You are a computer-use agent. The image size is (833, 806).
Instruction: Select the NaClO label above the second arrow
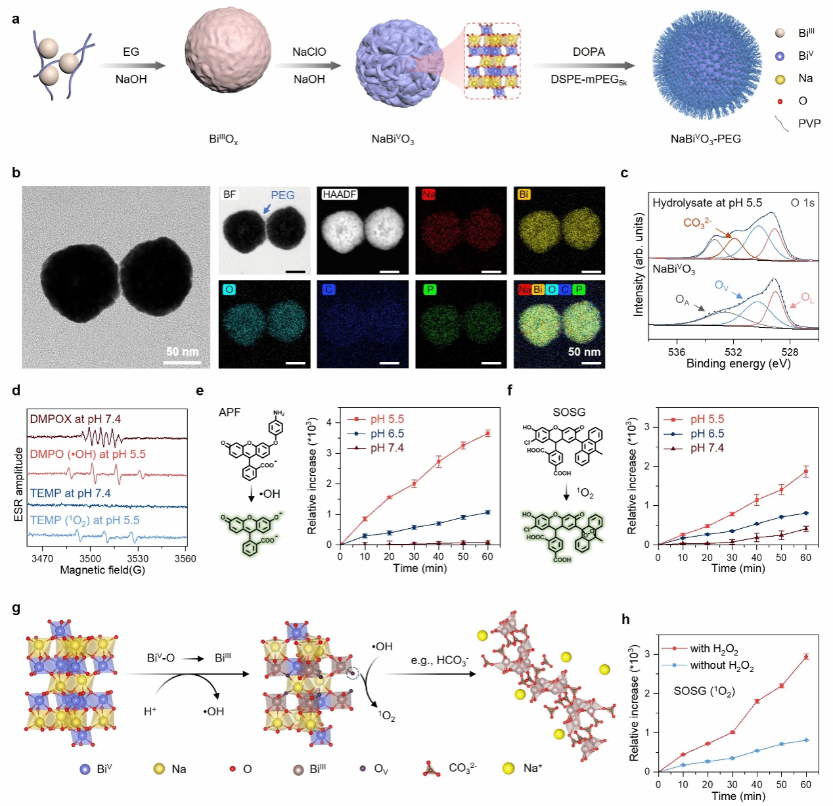tap(309, 52)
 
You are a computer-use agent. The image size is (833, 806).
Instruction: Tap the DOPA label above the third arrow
tap(589, 52)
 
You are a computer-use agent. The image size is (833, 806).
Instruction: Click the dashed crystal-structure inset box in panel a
tap(492, 60)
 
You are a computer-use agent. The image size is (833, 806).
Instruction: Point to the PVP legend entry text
tap(809, 123)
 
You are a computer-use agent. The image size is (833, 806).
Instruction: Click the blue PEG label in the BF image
tap(282, 195)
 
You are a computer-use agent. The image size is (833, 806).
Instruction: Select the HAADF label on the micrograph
tap(339, 194)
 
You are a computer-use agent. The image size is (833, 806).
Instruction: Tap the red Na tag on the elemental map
tap(428, 194)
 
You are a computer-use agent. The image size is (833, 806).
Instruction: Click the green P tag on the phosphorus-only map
tap(429, 289)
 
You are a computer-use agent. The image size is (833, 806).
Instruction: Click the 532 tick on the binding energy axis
tap(733, 352)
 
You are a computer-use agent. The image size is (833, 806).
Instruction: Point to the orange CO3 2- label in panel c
tap(697, 223)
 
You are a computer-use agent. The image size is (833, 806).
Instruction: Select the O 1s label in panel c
tap(802, 203)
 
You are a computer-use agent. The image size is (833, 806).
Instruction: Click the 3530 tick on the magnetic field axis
tap(137, 559)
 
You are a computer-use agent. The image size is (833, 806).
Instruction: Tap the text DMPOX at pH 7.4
tap(75, 419)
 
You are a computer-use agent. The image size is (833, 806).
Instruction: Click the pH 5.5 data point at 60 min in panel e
tap(487, 433)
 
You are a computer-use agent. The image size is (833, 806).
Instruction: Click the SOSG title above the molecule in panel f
tap(569, 413)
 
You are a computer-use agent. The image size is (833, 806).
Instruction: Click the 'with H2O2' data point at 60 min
tap(806, 656)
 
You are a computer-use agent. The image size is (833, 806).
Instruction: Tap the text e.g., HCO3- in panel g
tap(439, 660)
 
